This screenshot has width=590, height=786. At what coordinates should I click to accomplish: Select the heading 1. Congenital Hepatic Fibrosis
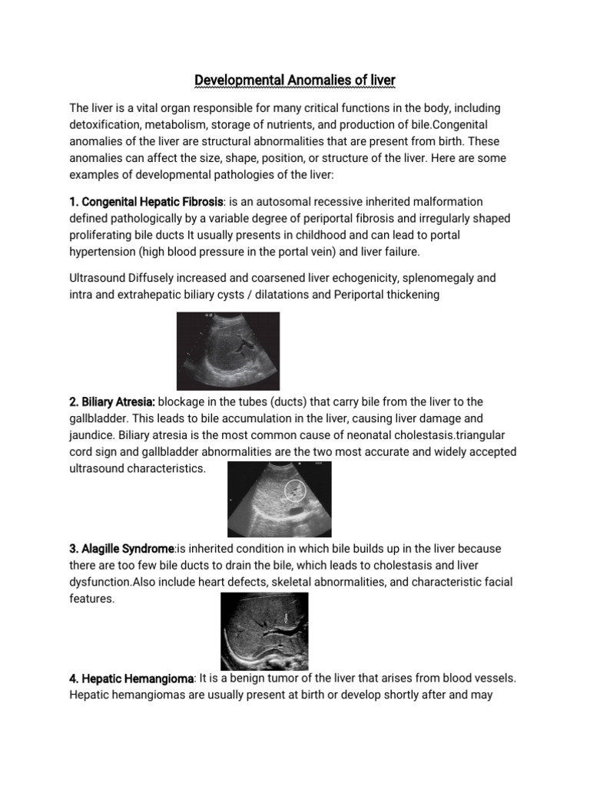point(146,201)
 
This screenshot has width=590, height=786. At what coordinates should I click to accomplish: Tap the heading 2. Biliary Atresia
point(112,402)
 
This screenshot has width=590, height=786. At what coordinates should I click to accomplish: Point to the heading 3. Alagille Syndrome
point(122,549)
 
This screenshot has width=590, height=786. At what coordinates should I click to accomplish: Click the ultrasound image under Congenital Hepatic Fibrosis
point(228,351)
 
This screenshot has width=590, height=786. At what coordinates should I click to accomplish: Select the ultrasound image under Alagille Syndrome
point(264,631)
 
